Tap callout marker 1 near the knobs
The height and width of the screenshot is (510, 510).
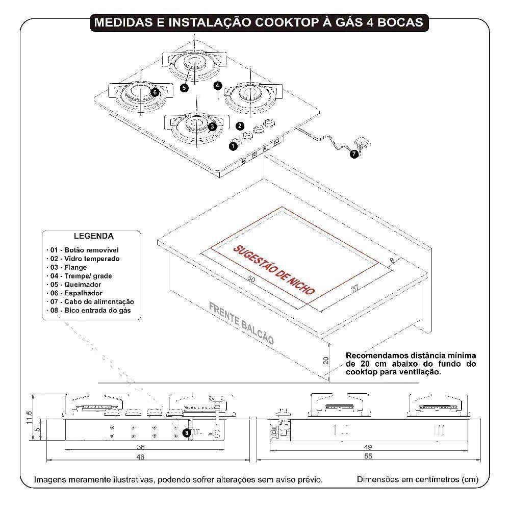[x=233, y=146]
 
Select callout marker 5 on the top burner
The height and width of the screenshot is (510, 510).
[x=184, y=87]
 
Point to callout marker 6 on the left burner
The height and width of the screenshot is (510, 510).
[x=155, y=92]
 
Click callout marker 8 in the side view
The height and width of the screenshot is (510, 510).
[x=187, y=432]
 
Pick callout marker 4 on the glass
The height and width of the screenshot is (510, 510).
[x=218, y=85]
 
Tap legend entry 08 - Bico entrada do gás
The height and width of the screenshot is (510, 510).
[x=91, y=310]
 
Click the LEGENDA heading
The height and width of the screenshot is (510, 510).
[x=94, y=236]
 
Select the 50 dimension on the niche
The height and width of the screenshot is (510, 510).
[x=251, y=279]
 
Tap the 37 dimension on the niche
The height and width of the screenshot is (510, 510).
[x=355, y=288]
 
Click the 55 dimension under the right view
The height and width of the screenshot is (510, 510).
[x=368, y=457]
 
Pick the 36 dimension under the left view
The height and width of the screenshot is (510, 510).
[x=141, y=447]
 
